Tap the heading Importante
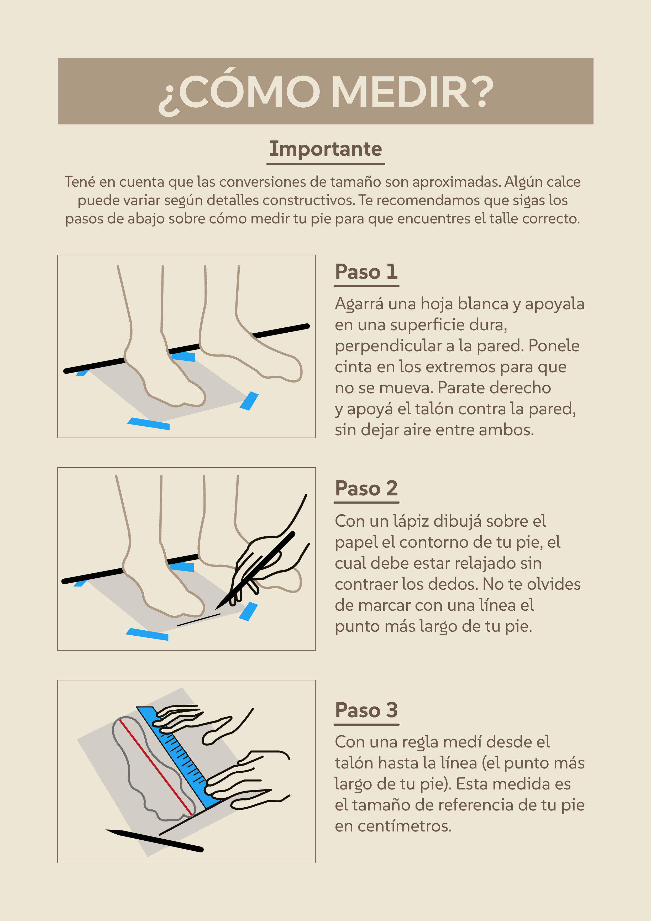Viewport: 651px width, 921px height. tap(326, 149)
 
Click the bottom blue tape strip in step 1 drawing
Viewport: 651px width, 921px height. tap(148, 423)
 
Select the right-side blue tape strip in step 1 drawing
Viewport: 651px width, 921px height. tap(249, 401)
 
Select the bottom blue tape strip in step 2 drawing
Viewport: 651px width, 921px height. tap(147, 634)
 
